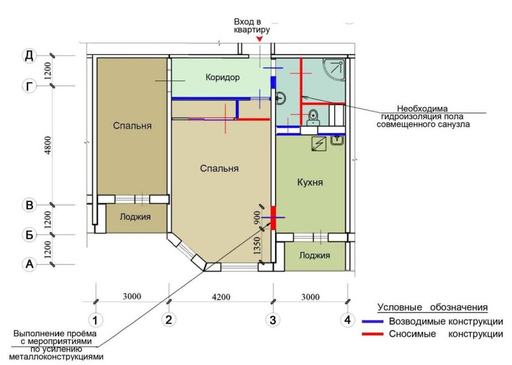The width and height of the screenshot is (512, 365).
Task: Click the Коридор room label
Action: [223, 78]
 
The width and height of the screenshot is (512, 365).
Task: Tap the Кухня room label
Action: [310, 182]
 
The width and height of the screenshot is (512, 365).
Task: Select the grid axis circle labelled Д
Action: [29, 56]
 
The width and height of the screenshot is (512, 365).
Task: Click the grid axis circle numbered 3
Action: [273, 319]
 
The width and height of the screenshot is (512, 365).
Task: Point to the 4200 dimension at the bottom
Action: [221, 297]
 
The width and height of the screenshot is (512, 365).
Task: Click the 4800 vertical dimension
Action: [48, 145]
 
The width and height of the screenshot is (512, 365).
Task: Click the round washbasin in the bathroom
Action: [281, 98]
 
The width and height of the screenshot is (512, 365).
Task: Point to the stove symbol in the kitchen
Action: [318, 144]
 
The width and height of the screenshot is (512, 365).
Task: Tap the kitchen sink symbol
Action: [338, 139]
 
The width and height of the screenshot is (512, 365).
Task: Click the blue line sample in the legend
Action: [372, 322]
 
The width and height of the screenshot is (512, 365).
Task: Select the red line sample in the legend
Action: [372, 334]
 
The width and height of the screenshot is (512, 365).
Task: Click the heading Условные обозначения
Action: [433, 308]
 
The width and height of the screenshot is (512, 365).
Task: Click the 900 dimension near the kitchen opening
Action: [257, 218]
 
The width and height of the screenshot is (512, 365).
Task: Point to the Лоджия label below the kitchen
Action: [315, 255]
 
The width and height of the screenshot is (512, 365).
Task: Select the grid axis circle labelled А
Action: [29, 264]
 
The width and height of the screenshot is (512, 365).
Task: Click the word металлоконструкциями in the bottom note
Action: [56, 357]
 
